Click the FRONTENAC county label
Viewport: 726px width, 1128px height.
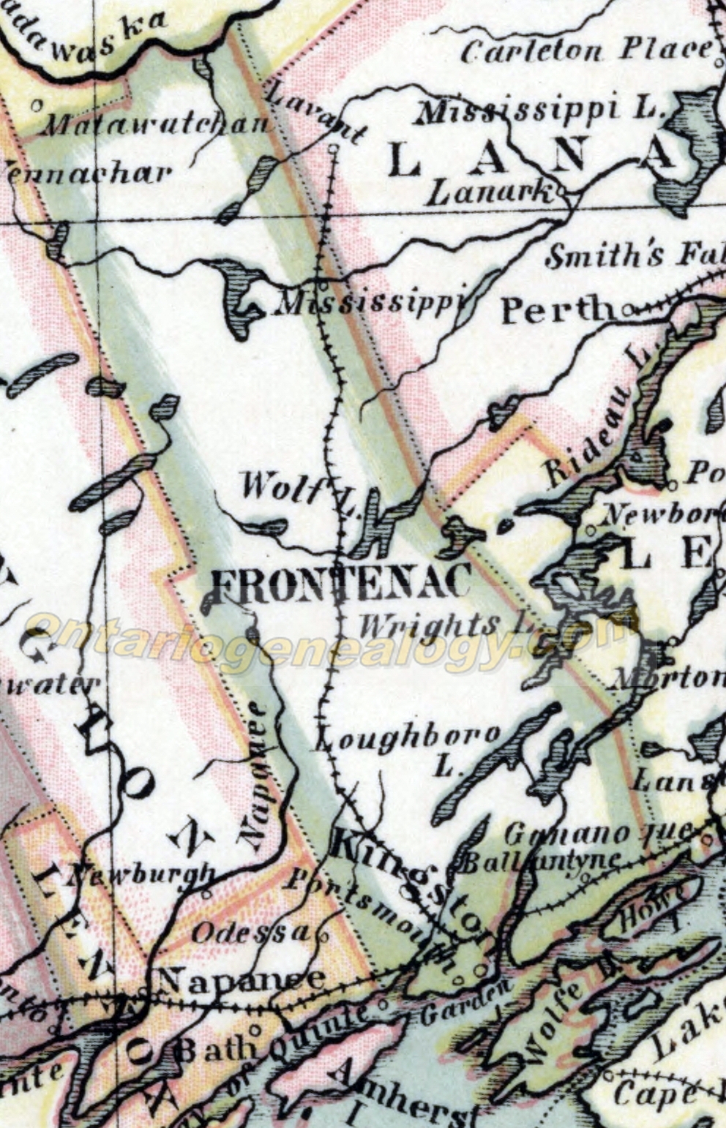click(x=341, y=584)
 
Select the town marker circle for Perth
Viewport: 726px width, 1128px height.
click(x=628, y=312)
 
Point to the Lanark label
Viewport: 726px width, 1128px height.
click(x=490, y=193)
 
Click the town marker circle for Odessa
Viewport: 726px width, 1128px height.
click(x=321, y=934)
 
